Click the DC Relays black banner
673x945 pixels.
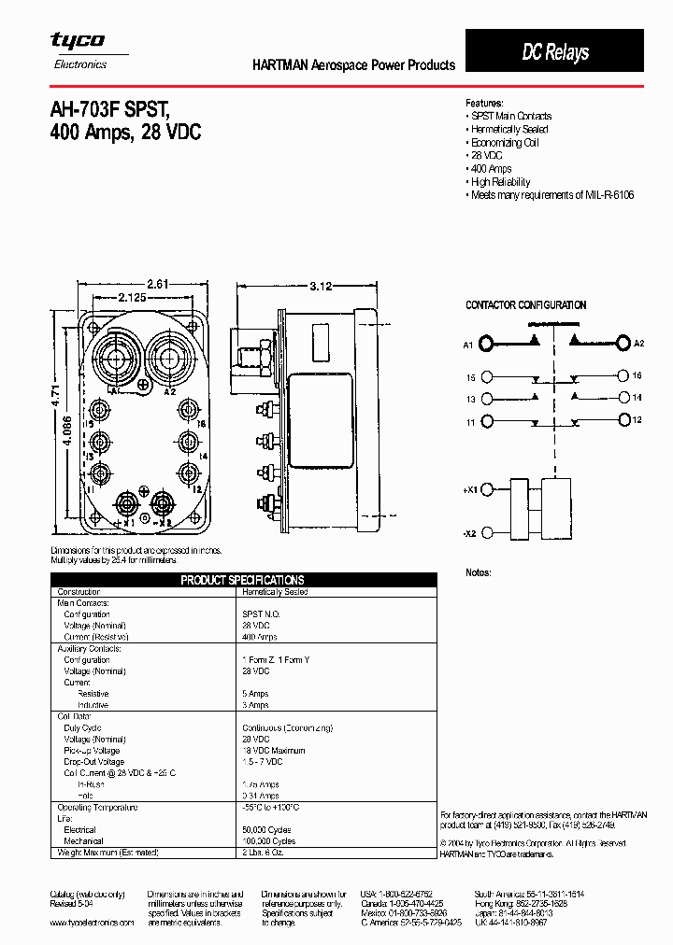tap(554, 52)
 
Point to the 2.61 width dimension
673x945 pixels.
tap(159, 284)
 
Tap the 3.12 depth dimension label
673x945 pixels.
tap(321, 287)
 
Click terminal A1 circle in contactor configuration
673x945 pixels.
tap(487, 345)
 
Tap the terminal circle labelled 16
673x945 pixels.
tap(624, 375)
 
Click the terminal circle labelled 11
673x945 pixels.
tap(487, 422)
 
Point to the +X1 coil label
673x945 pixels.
tap(469, 488)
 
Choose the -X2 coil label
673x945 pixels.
tap(469, 533)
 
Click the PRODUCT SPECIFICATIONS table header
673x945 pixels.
tap(242, 580)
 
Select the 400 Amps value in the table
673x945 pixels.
tap(261, 637)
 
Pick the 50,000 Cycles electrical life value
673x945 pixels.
tap(269, 829)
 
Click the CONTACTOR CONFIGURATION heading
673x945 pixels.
tap(525, 305)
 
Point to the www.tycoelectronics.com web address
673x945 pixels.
tap(92, 922)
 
